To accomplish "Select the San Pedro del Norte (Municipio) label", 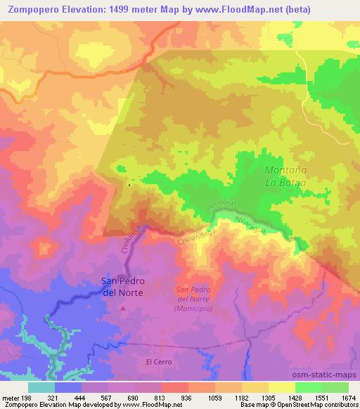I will pyautogui.click(x=198, y=299).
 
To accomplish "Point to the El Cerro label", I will pyautogui.click(x=158, y=362).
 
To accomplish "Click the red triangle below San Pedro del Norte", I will pyautogui.click(x=124, y=308).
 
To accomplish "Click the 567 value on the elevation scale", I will pyautogui.click(x=106, y=397).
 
